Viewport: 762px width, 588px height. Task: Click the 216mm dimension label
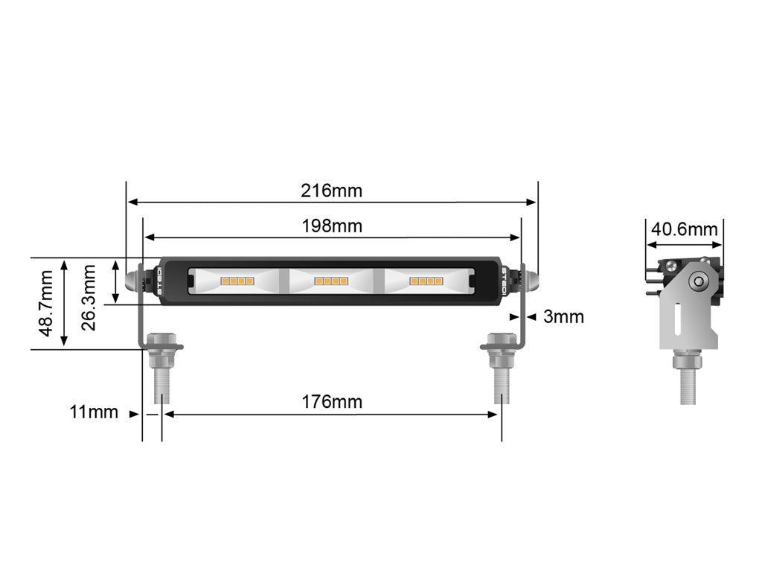coord(331,191)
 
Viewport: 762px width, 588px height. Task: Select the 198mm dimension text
coord(331,226)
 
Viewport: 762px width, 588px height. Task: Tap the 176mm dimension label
coord(331,402)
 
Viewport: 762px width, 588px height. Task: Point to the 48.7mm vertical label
coord(46,303)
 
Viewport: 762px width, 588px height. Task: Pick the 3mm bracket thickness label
coord(563,317)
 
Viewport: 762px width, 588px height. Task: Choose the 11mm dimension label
coord(94,412)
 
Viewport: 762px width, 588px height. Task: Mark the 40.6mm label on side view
coord(684,229)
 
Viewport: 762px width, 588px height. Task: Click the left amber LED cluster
coord(237,281)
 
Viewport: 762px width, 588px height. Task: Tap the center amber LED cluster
coord(331,281)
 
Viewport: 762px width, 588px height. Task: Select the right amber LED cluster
coord(425,281)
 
